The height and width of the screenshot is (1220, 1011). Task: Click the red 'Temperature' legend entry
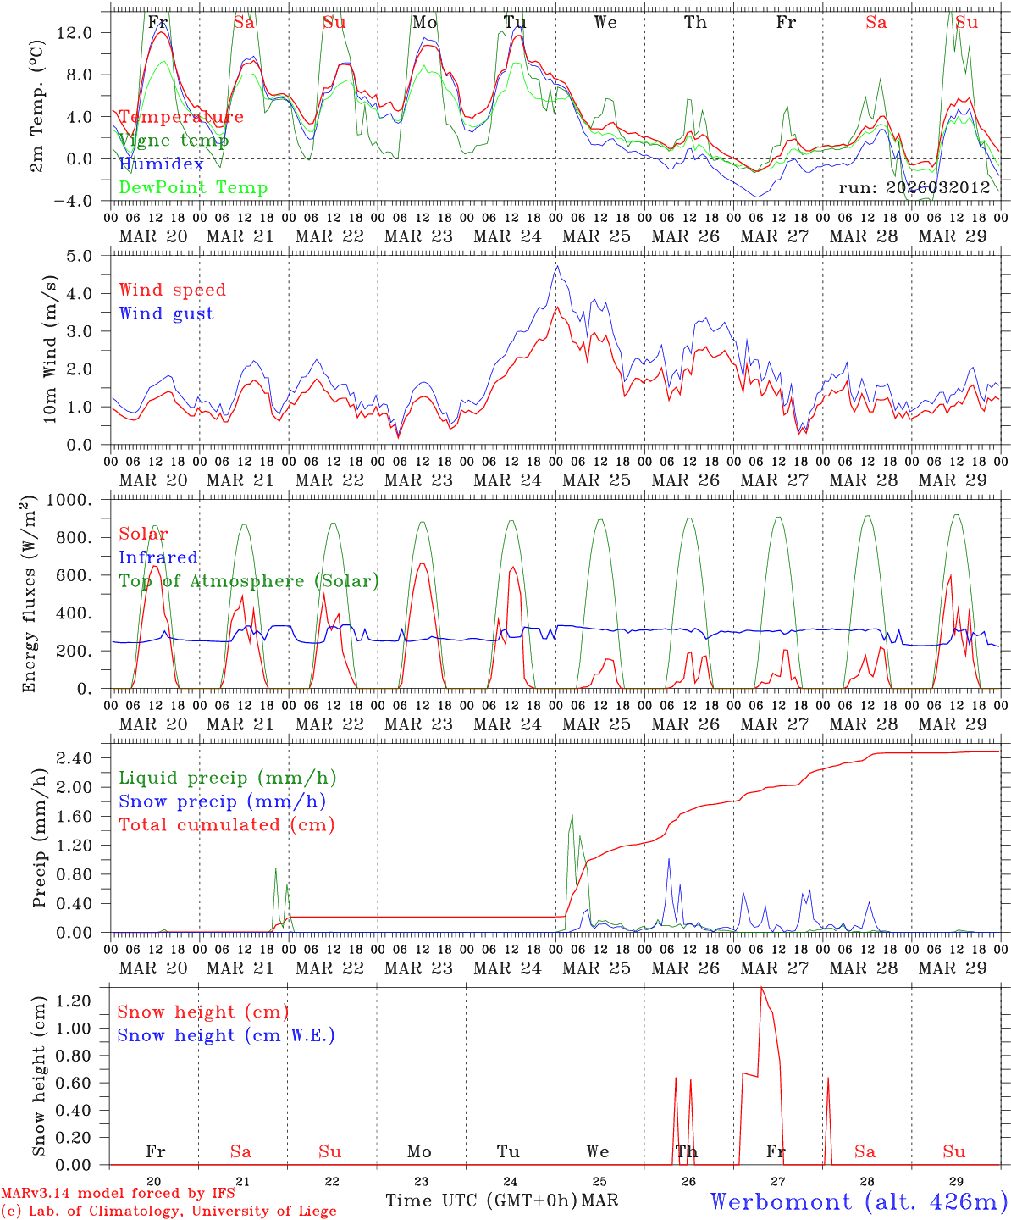click(180, 117)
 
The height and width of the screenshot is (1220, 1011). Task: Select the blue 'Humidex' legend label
click(161, 164)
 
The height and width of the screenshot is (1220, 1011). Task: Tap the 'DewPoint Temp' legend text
click(193, 188)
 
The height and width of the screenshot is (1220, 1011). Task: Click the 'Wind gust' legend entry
click(166, 313)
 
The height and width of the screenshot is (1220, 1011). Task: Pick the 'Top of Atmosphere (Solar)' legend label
click(249, 581)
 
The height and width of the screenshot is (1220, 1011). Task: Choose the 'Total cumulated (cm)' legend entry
click(226, 824)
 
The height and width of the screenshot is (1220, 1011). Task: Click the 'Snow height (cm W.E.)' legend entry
click(226, 1035)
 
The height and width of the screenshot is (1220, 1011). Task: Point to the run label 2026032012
click(914, 188)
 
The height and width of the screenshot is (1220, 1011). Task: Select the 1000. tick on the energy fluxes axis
click(75, 500)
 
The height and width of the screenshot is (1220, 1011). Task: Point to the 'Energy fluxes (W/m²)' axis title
click(30, 594)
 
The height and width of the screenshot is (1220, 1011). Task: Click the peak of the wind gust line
click(557, 266)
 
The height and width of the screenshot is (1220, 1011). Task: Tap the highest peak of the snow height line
click(760, 988)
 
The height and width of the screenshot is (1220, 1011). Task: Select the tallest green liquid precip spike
click(572, 816)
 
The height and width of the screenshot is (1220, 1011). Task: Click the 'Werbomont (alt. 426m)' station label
click(858, 1201)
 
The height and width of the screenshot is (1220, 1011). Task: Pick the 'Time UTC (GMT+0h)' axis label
click(481, 1201)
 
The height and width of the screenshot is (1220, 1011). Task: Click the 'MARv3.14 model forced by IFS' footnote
click(117, 1194)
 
